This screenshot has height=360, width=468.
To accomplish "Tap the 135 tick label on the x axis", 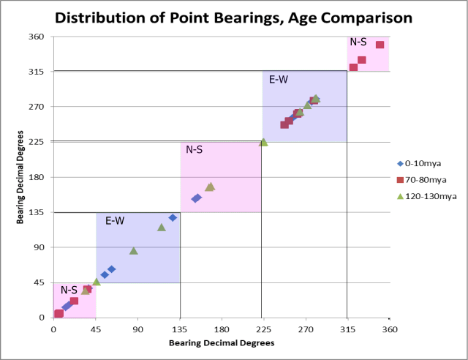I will [180, 329].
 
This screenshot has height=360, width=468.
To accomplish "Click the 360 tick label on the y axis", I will [37, 37].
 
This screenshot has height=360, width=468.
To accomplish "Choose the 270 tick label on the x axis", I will [306, 329].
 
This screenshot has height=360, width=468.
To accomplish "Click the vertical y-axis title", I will [20, 177].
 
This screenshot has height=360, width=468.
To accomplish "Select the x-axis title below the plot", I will [221, 342].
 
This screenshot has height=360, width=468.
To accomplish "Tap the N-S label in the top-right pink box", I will [358, 42].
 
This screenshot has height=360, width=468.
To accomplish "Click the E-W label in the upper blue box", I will [278, 79].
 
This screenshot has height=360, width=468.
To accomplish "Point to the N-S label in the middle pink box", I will [195, 150].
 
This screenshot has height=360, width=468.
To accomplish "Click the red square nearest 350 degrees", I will [380, 45].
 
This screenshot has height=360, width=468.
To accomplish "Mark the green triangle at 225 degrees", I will [263, 142].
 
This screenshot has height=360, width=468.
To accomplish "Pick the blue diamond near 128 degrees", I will [173, 217].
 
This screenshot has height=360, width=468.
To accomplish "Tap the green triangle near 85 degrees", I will [134, 251].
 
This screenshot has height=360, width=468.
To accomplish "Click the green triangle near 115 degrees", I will [162, 228].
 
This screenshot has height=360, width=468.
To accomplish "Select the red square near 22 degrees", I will [74, 301].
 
